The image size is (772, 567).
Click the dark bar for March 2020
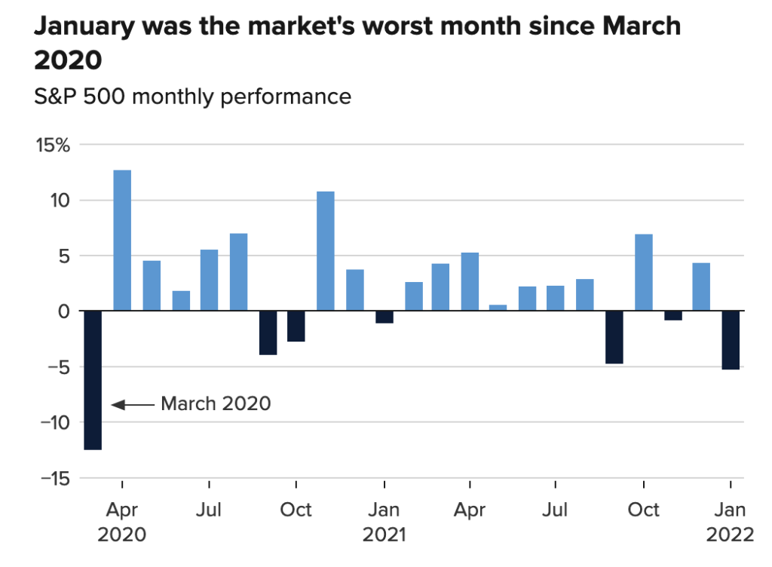(x=93, y=380)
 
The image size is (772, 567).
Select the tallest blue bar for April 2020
(x=122, y=241)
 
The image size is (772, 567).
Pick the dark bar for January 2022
(x=731, y=340)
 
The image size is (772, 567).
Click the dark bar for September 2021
(x=614, y=337)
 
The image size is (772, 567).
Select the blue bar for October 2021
(x=644, y=272)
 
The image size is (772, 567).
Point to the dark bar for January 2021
(x=384, y=317)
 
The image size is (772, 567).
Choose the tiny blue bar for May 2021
(x=498, y=308)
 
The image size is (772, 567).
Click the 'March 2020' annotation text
(x=216, y=403)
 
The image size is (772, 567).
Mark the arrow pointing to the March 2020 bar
(x=132, y=405)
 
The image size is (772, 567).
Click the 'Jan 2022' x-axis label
(x=730, y=522)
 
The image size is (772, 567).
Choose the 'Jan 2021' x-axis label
(x=384, y=522)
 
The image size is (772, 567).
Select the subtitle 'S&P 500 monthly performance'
(x=192, y=97)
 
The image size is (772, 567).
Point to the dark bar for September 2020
(x=268, y=333)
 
